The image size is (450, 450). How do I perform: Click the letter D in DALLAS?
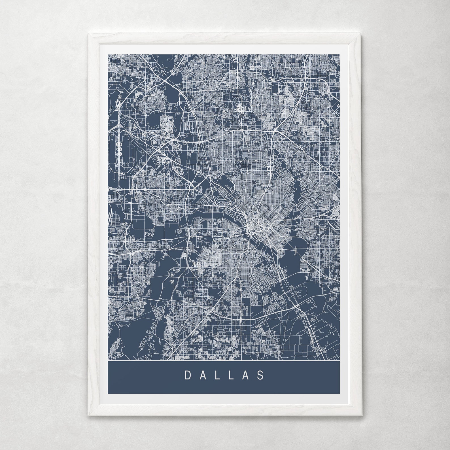coord(188,375)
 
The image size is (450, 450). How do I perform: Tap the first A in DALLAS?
coord(203,375)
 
